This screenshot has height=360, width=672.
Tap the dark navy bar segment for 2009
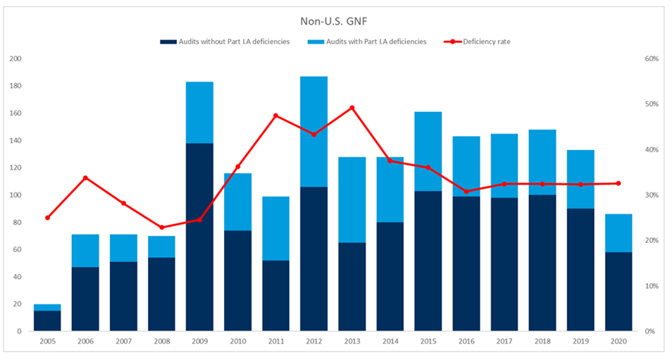[199, 237]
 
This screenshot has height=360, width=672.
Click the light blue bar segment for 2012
[313, 131]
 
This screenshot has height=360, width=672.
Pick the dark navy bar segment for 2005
[47, 321]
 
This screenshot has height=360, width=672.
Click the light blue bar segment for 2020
[618, 232]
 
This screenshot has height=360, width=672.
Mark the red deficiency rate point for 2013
[351, 108]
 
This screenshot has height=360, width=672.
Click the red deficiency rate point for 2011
[275, 116]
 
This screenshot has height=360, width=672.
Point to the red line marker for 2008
[161, 228]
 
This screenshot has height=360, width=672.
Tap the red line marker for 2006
[85, 178]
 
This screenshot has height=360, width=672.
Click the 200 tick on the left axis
[15, 58]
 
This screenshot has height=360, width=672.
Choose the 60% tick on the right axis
[652, 58]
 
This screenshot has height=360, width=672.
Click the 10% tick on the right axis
[652, 286]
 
